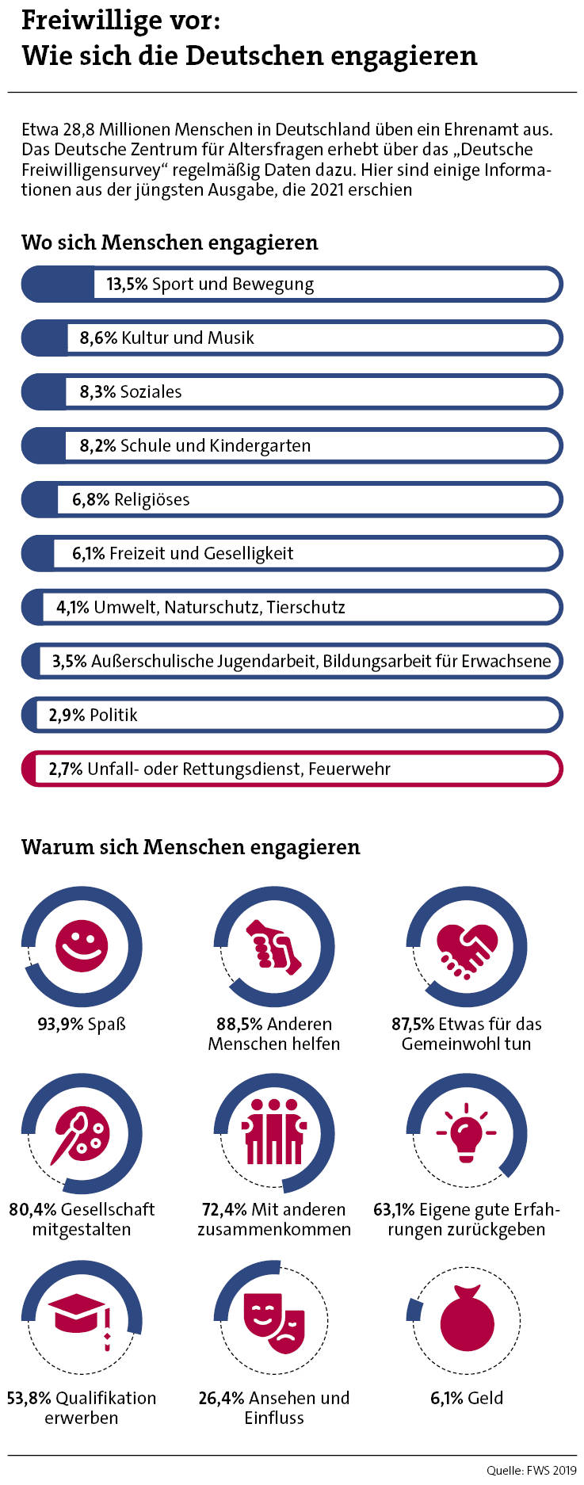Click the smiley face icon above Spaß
[x=82, y=946]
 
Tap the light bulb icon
[x=466, y=1132]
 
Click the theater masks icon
[x=274, y=1320]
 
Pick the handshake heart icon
[x=467, y=949]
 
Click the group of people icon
[x=274, y=1132]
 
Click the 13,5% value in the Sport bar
[x=127, y=284]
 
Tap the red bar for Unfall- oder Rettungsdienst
[x=292, y=769]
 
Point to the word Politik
[x=113, y=716]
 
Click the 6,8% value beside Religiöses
[x=90, y=500]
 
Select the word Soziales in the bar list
[x=151, y=392]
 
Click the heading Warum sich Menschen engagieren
[x=190, y=847]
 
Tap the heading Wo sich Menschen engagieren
[x=170, y=242]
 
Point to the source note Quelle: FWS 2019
[x=531, y=1471]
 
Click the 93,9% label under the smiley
[x=60, y=1025]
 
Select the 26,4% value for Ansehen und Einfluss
[x=221, y=1398]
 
